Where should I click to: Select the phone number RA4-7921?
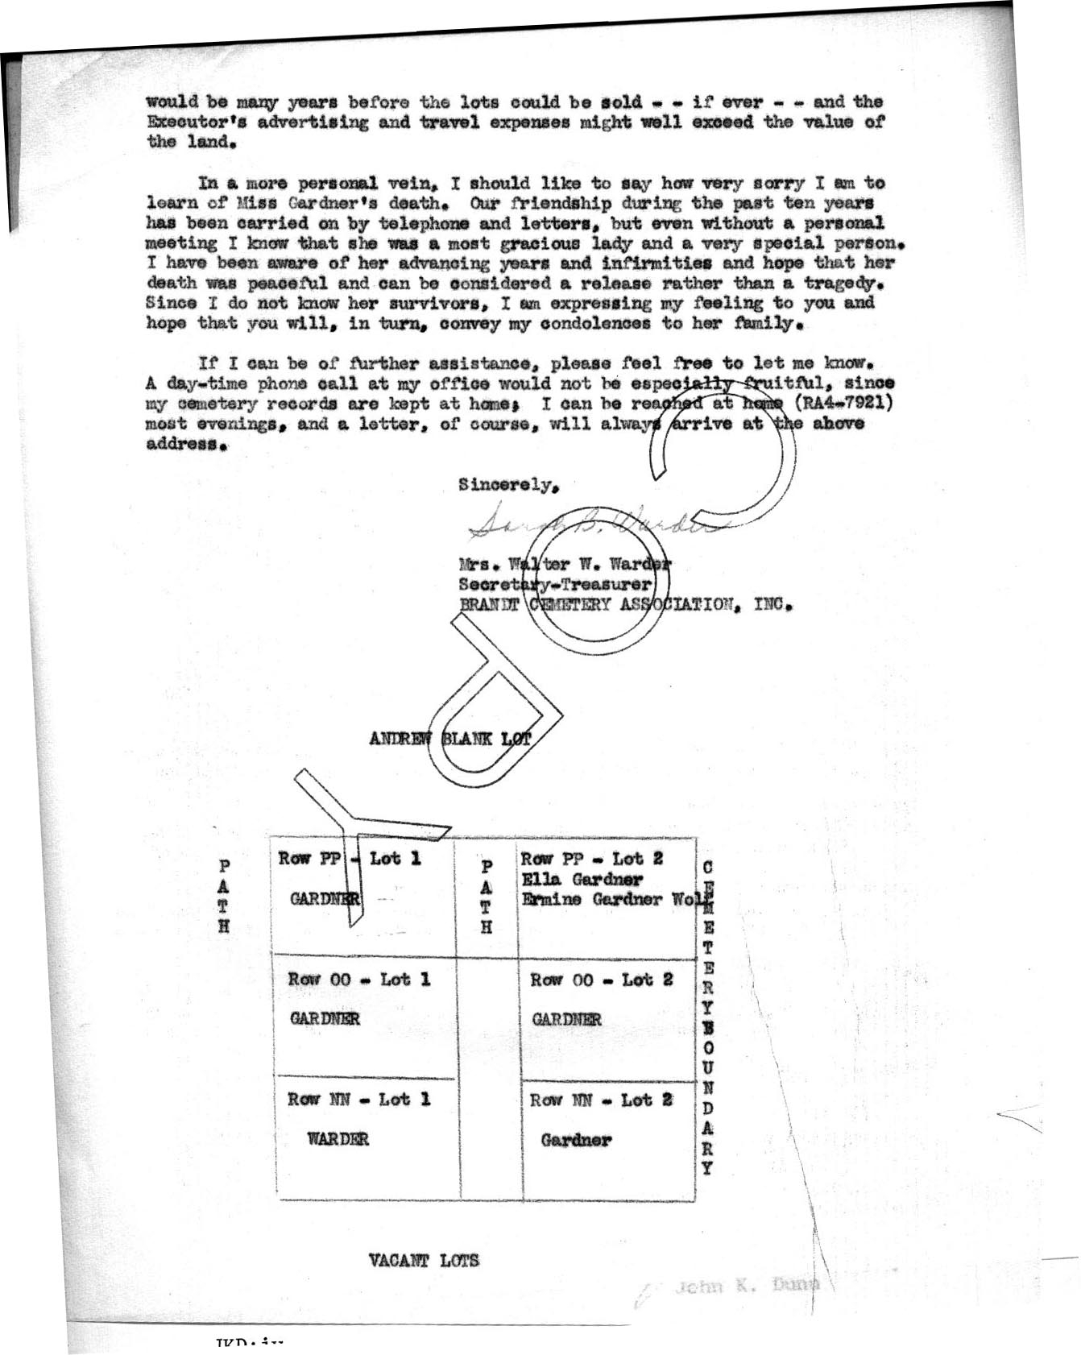[844, 404]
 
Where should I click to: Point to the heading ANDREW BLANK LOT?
[450, 738]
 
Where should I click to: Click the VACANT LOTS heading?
[424, 1260]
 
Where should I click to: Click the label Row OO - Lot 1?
[359, 980]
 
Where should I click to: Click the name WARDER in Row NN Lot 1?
[338, 1139]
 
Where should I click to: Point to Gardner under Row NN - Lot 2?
[576, 1140]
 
